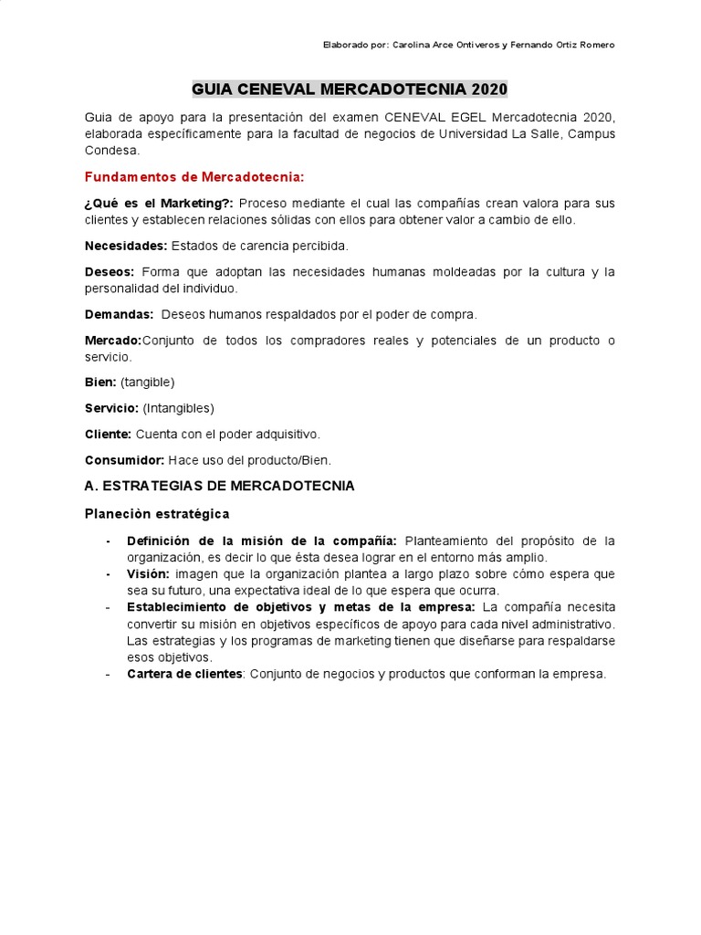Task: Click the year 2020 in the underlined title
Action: pyautogui.click(x=489, y=89)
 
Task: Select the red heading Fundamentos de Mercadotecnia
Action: pyautogui.click(x=194, y=176)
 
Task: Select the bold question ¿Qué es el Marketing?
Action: pyautogui.click(x=159, y=203)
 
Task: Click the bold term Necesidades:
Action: pyautogui.click(x=126, y=246)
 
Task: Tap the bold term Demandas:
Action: pyautogui.click(x=120, y=314)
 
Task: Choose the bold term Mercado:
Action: pyautogui.click(x=113, y=341)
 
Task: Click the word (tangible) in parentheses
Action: pyautogui.click(x=147, y=382)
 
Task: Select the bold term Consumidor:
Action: pyautogui.click(x=124, y=460)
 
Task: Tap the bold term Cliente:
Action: pyautogui.click(x=109, y=434)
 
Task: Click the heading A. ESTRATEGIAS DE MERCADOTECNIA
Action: pyautogui.click(x=219, y=486)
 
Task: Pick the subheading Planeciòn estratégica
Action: pyautogui.click(x=157, y=513)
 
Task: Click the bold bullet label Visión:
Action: pyautogui.click(x=148, y=573)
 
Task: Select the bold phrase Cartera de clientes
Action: pyautogui.click(x=184, y=674)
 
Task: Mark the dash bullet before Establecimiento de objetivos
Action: pyautogui.click(x=109, y=607)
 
